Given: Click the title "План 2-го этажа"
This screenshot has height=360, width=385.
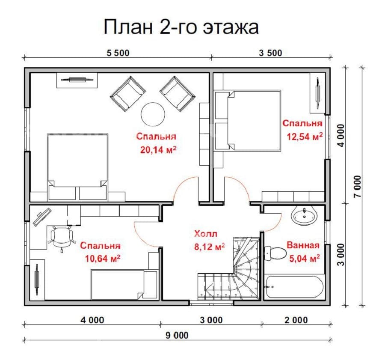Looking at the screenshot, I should pyautogui.click(x=181, y=27).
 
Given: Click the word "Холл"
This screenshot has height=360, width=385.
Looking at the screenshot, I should pyautogui.click(x=206, y=234).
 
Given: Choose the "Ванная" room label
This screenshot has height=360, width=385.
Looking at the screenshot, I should pyautogui.click(x=303, y=245).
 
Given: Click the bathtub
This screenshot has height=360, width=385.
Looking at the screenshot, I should pyautogui.click(x=295, y=286).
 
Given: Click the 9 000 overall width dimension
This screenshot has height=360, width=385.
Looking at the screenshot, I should pyautogui.click(x=177, y=336).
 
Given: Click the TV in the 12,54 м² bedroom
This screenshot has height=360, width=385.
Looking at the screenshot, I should pyautogui.click(x=318, y=90).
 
